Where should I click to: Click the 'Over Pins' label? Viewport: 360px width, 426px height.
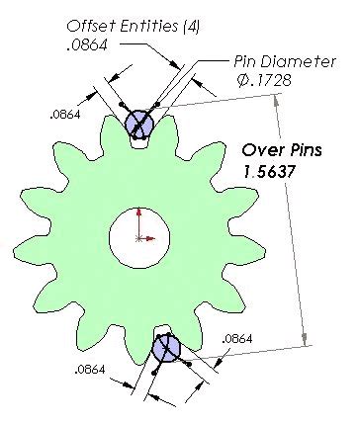point(280,150)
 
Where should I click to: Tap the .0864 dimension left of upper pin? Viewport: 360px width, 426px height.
point(64,116)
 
